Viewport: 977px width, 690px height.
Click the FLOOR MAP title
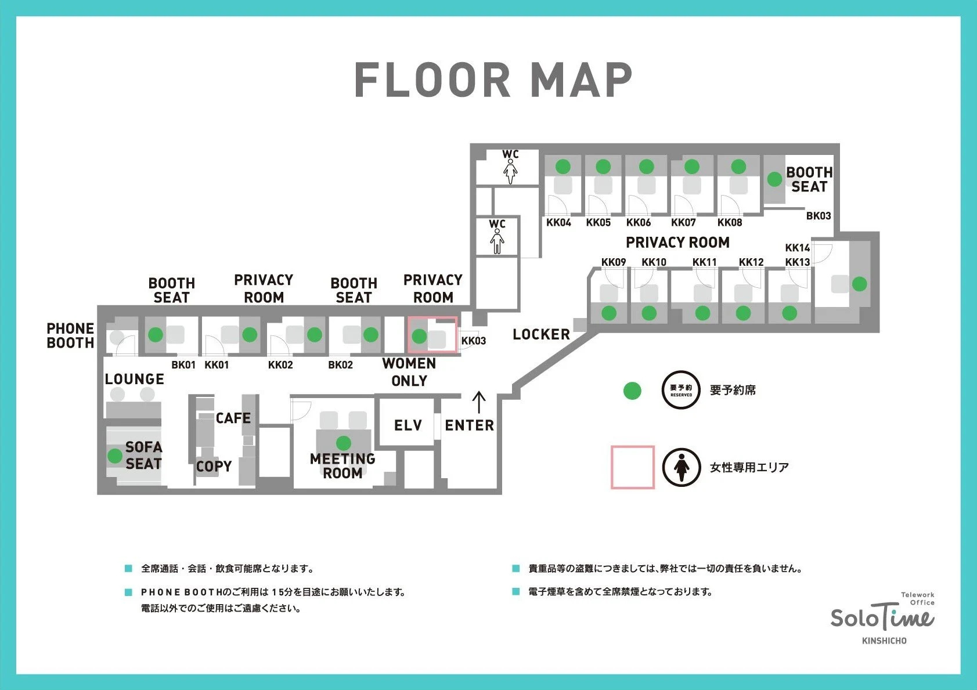493,80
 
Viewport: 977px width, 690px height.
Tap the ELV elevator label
408,425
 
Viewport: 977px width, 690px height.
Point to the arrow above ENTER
479,402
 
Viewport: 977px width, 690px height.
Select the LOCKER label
541,334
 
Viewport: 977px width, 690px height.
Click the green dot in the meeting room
344,443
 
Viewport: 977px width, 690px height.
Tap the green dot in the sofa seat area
115,456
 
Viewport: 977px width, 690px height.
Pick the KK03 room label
474,341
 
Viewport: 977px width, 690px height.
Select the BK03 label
819,216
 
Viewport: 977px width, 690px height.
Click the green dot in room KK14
859,284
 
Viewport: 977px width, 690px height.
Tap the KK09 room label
613,262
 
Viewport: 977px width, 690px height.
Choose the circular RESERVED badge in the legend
681,390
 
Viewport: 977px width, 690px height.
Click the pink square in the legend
632,467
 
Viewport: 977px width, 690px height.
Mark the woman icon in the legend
682,467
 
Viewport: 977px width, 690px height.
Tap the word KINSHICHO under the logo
884,641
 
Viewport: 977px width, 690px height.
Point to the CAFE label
233,418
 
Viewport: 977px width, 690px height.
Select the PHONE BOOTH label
70,335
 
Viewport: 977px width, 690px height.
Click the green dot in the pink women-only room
419,336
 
